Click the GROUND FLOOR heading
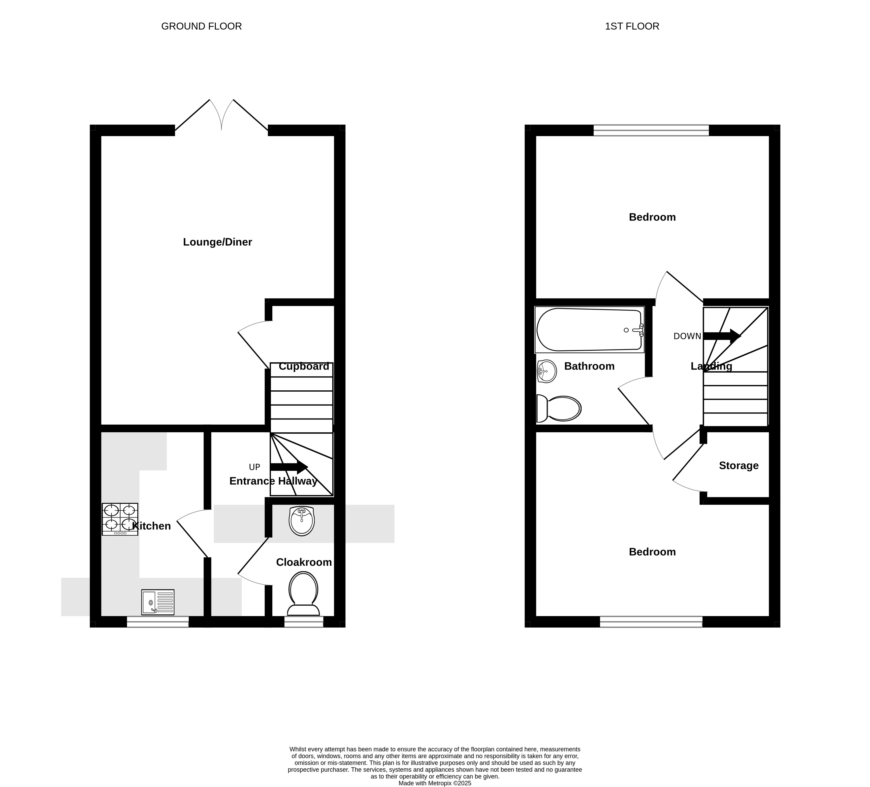(x=201, y=26)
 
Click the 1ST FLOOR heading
(x=632, y=26)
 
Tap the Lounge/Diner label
(x=218, y=242)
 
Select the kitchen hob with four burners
(x=120, y=519)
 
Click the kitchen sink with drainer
(x=158, y=602)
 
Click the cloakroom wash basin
(x=302, y=521)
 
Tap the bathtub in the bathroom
(x=589, y=330)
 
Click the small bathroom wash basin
(x=547, y=371)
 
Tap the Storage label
(x=739, y=466)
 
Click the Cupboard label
(x=304, y=366)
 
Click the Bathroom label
(x=589, y=366)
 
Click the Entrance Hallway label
(x=274, y=481)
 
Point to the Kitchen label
(x=152, y=526)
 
